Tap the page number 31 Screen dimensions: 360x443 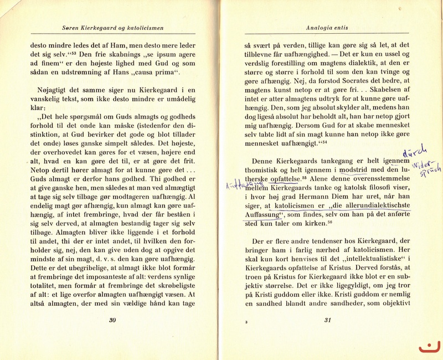point(327,320)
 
